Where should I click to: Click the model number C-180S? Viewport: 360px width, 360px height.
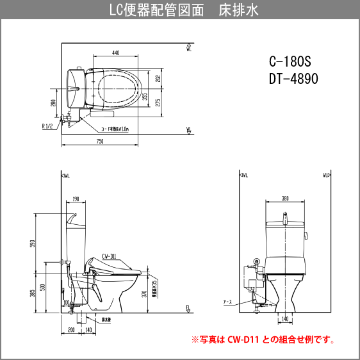(289, 62)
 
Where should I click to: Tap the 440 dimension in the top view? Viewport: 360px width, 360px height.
(115, 53)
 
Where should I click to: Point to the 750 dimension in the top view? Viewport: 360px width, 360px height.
(100, 141)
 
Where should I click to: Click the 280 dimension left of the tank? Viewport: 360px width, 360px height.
(53, 103)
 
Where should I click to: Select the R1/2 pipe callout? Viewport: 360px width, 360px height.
(47, 127)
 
